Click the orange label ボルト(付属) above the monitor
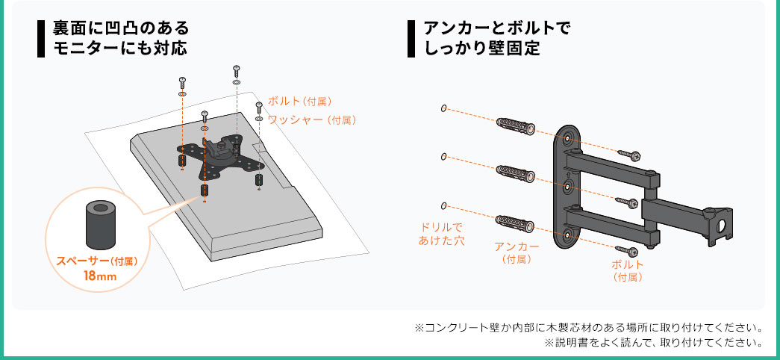[x=299, y=102]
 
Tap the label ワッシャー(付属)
[x=312, y=120]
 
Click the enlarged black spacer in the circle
[x=102, y=224]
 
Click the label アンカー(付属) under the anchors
[x=517, y=252]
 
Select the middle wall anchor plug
[x=516, y=173]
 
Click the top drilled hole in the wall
[x=443, y=108]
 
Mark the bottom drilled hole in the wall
[x=443, y=205]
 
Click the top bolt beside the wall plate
[x=629, y=155]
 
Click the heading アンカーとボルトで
[x=496, y=28]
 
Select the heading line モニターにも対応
[x=119, y=49]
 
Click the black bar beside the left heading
[x=41, y=39]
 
